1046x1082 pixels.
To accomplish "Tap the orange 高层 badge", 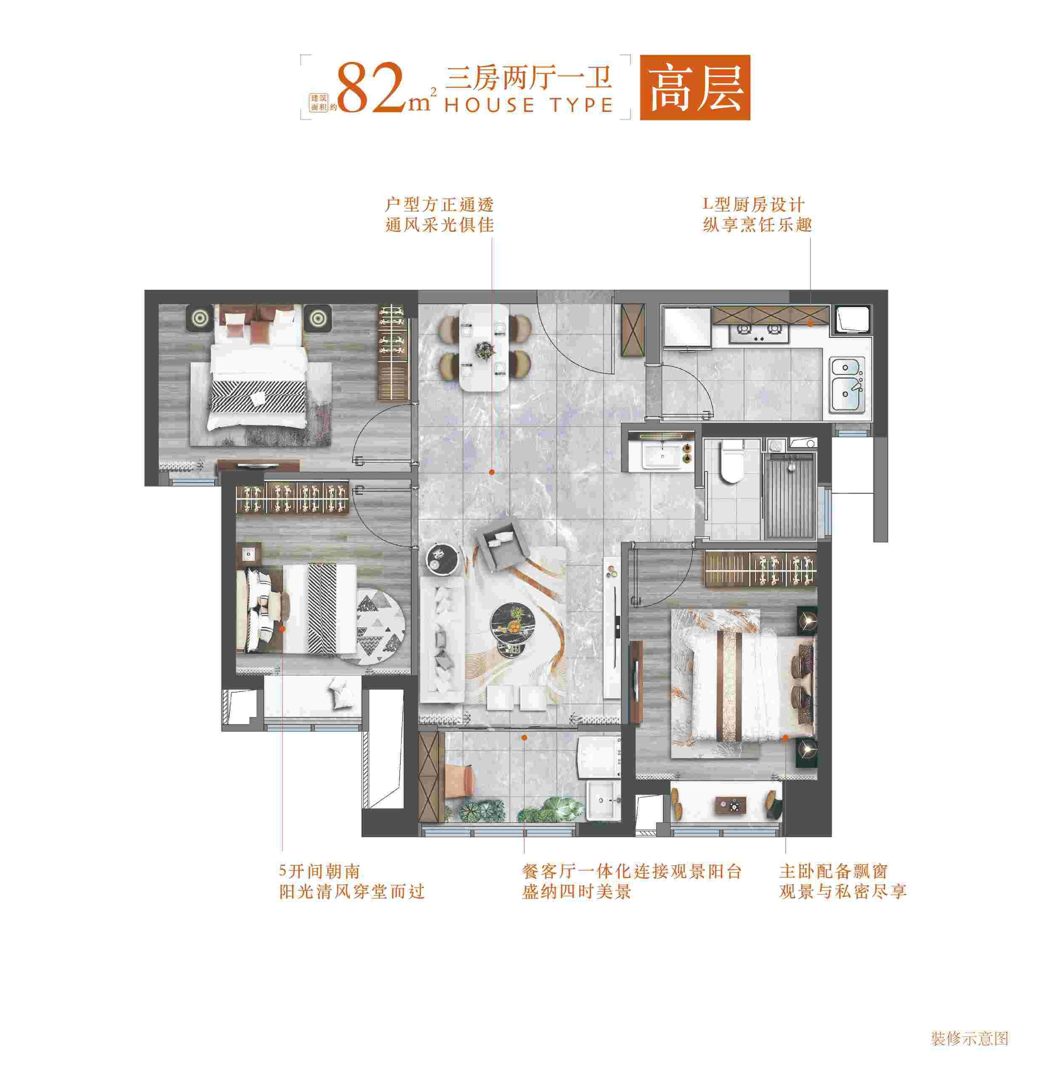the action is (695, 87).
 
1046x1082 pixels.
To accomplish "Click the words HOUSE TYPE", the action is (529, 105).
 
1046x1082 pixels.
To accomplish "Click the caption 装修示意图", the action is (970, 1038).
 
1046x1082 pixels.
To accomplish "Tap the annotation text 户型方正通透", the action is (439, 205).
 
